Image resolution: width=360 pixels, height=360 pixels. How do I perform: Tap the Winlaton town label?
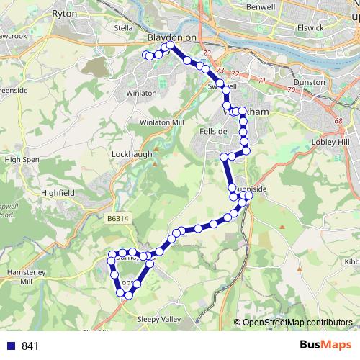pyautogui.click(x=141, y=93)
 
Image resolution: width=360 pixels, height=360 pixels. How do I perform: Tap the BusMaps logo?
pyautogui.click(x=325, y=345)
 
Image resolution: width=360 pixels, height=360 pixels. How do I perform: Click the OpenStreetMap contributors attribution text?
pyautogui.click(x=297, y=323)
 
